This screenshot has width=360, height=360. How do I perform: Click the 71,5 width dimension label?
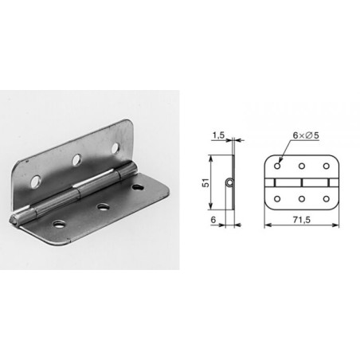point(302,220)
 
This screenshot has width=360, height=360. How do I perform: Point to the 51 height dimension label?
point(205,183)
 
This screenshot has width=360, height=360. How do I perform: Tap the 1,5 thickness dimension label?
point(218,135)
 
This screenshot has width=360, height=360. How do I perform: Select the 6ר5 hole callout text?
point(306,135)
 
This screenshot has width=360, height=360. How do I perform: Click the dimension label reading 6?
point(213,220)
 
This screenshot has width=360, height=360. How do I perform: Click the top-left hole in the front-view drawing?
point(277,166)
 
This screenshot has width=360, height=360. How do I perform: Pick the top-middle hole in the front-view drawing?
point(302,166)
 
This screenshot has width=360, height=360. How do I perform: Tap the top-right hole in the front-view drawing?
point(327,166)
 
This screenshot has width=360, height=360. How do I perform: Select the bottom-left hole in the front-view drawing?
point(277,198)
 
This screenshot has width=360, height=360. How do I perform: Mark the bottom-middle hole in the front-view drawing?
point(302,198)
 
